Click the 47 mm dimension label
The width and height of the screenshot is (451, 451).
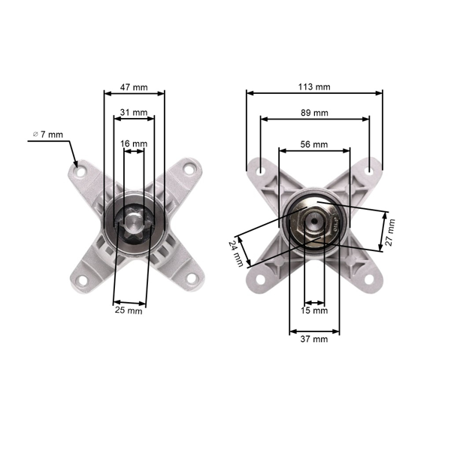click(134, 87)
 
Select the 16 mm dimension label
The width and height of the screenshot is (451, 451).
click(134, 143)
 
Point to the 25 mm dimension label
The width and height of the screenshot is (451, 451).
click(129, 310)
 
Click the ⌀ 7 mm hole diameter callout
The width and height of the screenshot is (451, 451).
click(48, 134)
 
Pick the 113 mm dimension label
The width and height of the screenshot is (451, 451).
click(314, 87)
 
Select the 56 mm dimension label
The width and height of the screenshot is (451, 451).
click(314, 144)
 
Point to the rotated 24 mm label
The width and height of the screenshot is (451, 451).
click(237, 253)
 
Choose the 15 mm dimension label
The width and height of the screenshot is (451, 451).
click(314, 310)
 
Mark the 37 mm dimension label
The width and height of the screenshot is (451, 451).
click(314, 339)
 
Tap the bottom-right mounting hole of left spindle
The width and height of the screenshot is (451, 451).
click(191, 280)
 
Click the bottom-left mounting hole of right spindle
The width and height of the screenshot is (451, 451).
click(261, 280)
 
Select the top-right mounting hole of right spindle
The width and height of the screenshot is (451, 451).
click(369, 171)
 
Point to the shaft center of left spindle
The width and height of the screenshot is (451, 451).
click(133, 223)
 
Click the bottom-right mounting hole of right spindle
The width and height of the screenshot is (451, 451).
click(369, 280)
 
